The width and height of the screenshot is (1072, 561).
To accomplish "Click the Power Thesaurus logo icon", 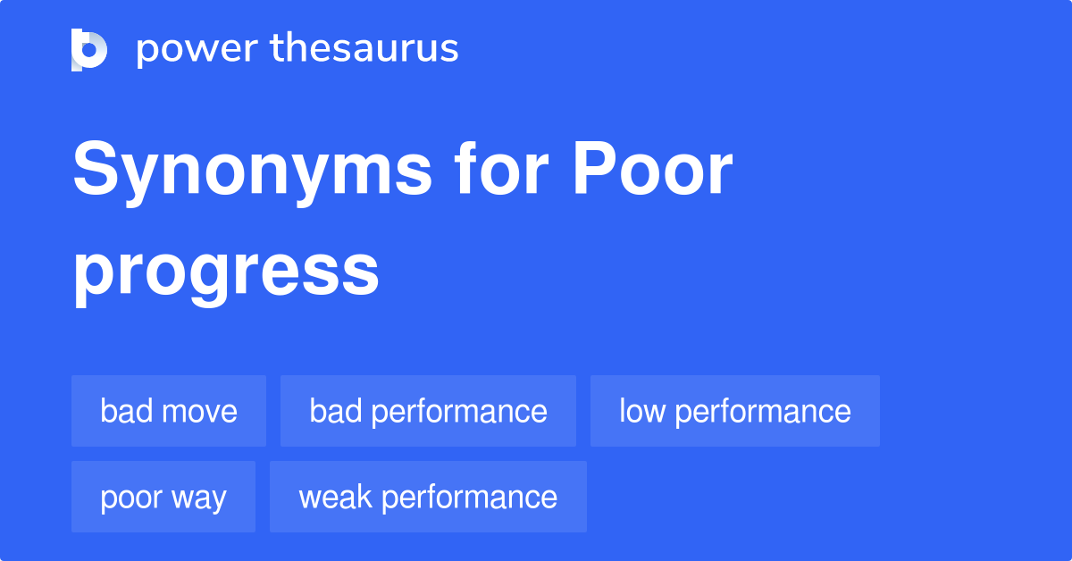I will [89, 49].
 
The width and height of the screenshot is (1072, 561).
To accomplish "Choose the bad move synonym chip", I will [169, 411].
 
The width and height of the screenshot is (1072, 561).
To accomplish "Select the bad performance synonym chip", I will [428, 411].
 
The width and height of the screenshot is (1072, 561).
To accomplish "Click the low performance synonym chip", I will [734, 411].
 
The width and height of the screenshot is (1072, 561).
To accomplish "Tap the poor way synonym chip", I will [163, 497].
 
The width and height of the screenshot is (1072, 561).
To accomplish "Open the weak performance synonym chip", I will [428, 497].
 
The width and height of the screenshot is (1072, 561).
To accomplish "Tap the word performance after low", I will [762, 412].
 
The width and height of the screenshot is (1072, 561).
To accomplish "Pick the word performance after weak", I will [469, 498].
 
